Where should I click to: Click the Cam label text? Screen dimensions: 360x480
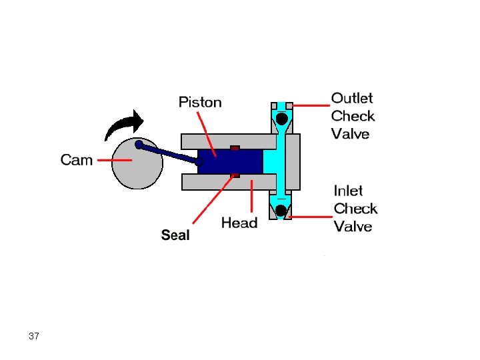(77, 160)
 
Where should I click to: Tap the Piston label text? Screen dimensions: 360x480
(200, 102)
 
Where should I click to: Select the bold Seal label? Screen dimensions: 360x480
(175, 235)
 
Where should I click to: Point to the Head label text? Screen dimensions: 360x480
(239, 223)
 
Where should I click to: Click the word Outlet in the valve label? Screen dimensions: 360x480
(352, 99)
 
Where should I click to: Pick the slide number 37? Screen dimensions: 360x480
(34, 336)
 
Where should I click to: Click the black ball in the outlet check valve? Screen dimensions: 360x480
(282, 119)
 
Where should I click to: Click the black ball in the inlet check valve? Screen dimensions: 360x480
(281, 211)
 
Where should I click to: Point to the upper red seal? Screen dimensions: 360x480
(235, 147)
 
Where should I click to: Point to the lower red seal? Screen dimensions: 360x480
(235, 176)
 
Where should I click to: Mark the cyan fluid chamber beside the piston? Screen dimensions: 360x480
(272, 162)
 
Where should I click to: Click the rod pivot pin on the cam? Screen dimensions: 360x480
(139, 145)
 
